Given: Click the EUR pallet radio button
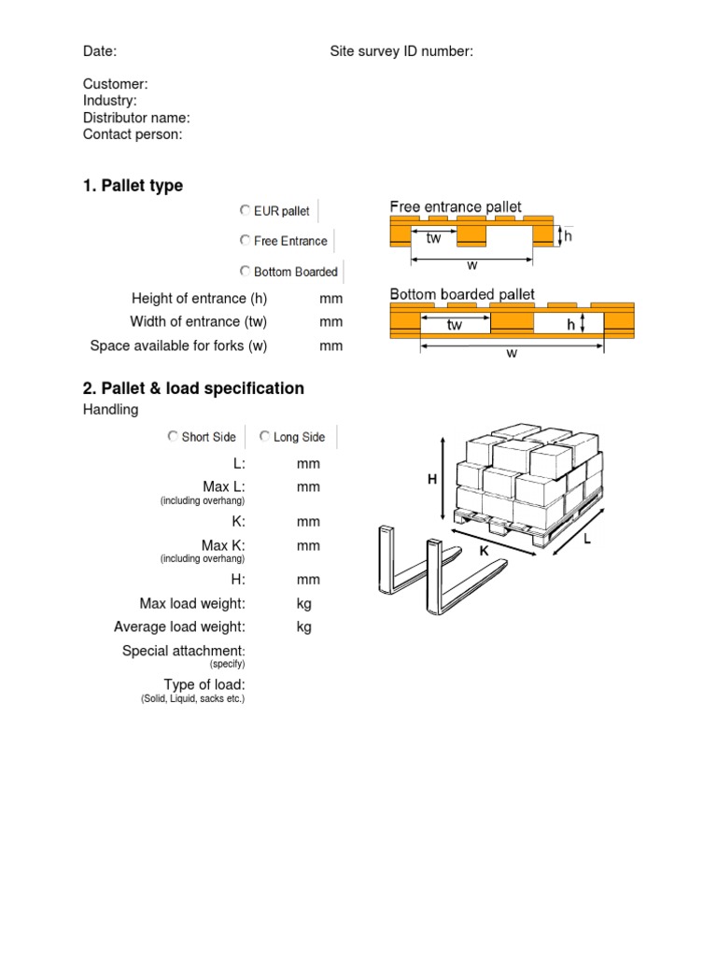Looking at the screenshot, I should [x=245, y=211].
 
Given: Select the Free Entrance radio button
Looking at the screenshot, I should [x=245, y=241].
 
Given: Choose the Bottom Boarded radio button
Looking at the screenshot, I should [x=245, y=272].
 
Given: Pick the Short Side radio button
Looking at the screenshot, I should [x=172, y=437].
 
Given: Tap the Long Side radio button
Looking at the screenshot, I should [x=264, y=437].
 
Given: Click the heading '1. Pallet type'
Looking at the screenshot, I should [x=133, y=186].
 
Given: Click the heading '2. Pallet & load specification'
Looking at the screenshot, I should [x=193, y=388].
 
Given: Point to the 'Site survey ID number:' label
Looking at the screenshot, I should [x=401, y=51].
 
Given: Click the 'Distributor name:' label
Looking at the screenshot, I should [x=136, y=118].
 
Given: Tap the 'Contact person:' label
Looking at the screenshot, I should [x=133, y=134].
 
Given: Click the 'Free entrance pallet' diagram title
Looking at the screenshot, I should [x=455, y=206].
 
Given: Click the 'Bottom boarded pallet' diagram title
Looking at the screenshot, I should [x=461, y=294].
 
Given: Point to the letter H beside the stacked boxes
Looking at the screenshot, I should [x=432, y=479].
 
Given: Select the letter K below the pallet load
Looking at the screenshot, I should [x=484, y=552].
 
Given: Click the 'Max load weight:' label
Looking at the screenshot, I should [x=192, y=604].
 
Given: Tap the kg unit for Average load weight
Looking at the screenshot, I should [x=303, y=626].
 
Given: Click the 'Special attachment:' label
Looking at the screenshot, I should [x=183, y=651].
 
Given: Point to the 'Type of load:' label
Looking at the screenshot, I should [x=204, y=685].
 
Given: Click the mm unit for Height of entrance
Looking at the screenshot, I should [x=331, y=299].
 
